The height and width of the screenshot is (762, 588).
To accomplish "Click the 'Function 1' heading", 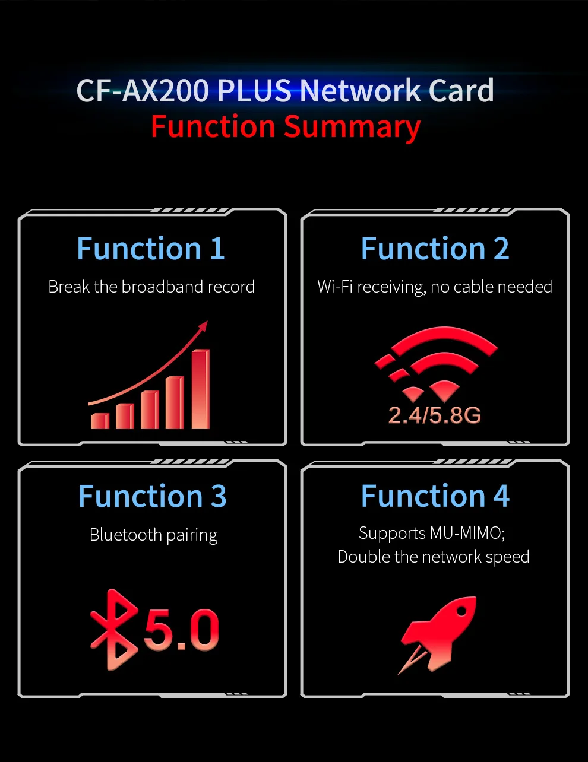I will pos(151,249).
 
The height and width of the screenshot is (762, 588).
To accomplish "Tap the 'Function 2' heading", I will pos(435,249).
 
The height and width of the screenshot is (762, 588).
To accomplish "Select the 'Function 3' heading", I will pos(152,497).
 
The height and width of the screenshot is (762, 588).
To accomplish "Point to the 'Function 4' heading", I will pos(435,496).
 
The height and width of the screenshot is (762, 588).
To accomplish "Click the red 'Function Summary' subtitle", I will pos(285,127).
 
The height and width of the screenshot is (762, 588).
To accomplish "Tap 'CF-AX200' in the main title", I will pos(143,91).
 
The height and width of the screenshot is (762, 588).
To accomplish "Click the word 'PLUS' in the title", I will pos(254,91).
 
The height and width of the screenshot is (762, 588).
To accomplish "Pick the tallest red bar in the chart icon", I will pos(201,389).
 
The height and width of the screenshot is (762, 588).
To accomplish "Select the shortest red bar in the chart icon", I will pos(100,421).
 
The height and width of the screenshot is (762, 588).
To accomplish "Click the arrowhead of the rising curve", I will pos(204,326).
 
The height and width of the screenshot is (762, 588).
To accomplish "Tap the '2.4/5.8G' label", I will pos(434,415).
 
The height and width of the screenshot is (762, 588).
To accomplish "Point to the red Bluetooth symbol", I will pos(113,630).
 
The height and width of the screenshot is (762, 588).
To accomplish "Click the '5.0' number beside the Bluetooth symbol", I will pos(181,630).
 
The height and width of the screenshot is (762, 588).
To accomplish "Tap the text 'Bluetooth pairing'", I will pos(153,535).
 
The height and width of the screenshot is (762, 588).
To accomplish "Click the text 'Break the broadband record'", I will pos(151,287).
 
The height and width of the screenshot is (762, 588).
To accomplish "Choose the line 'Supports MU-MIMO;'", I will pos(432,533).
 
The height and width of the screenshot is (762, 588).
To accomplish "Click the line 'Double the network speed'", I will pos(433,557).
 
